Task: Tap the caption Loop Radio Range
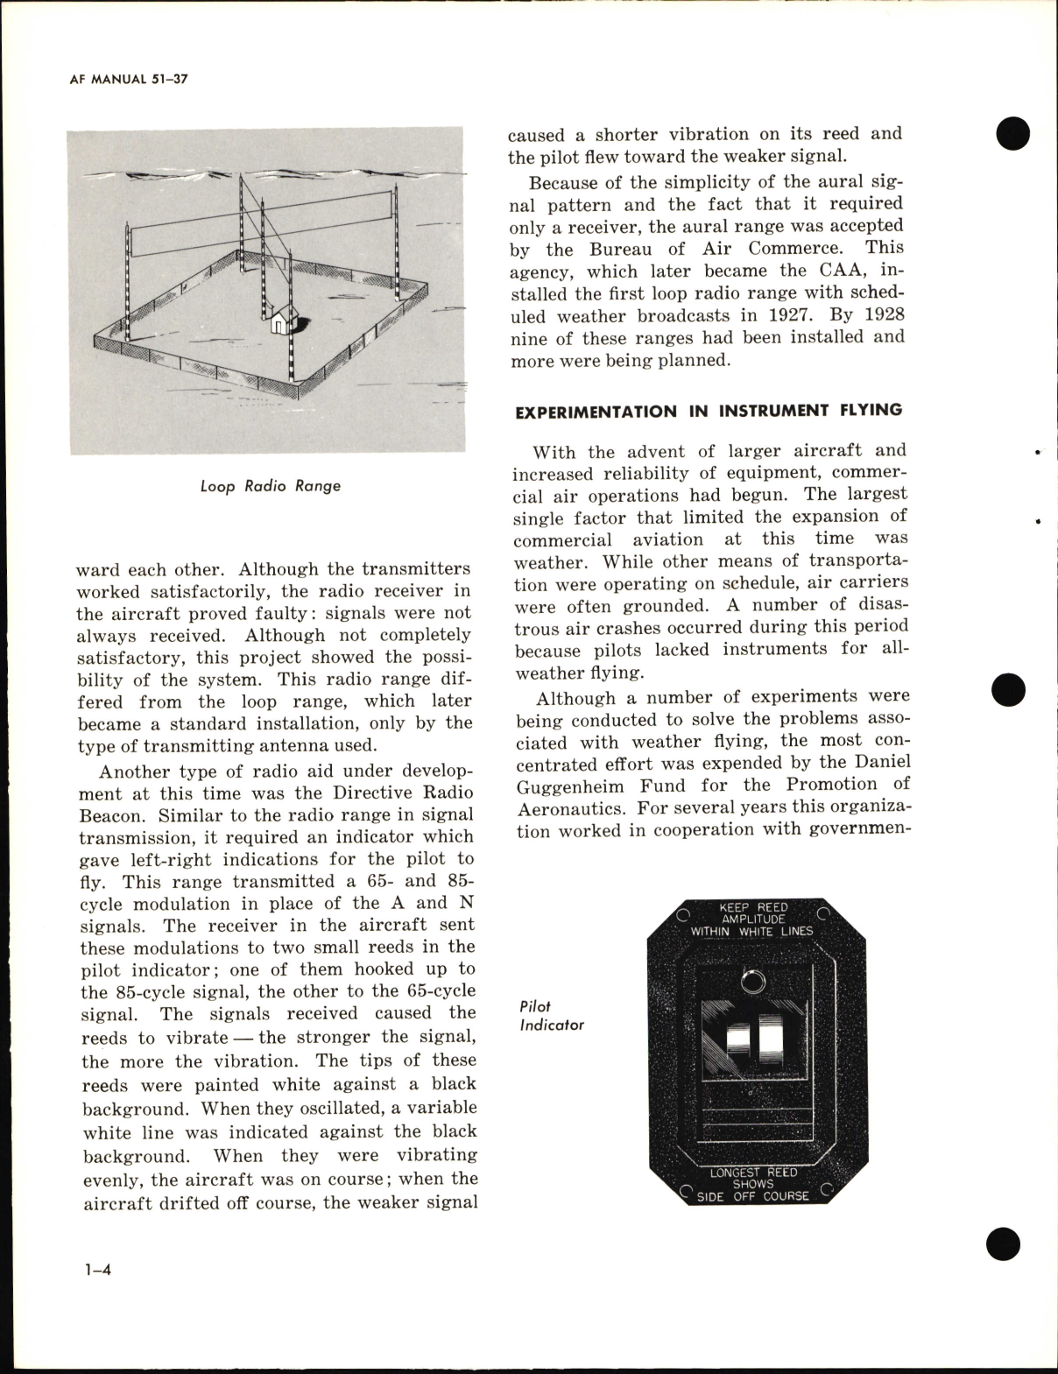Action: tap(270, 485)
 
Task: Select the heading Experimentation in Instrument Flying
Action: tap(708, 411)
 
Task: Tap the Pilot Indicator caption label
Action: tap(551, 1016)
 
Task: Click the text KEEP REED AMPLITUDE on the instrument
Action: tap(753, 913)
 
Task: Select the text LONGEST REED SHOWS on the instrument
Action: tap(753, 1178)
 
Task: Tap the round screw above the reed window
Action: tap(749, 981)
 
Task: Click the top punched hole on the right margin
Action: tap(1012, 132)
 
